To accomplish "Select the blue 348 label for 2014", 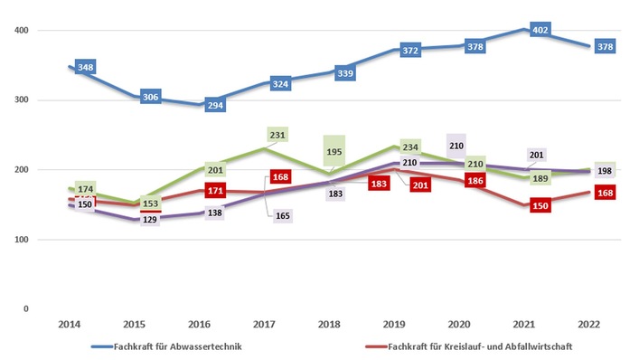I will coord(87,68).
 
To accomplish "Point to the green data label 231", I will coord(278,134).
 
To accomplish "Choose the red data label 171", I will coord(216,192).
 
